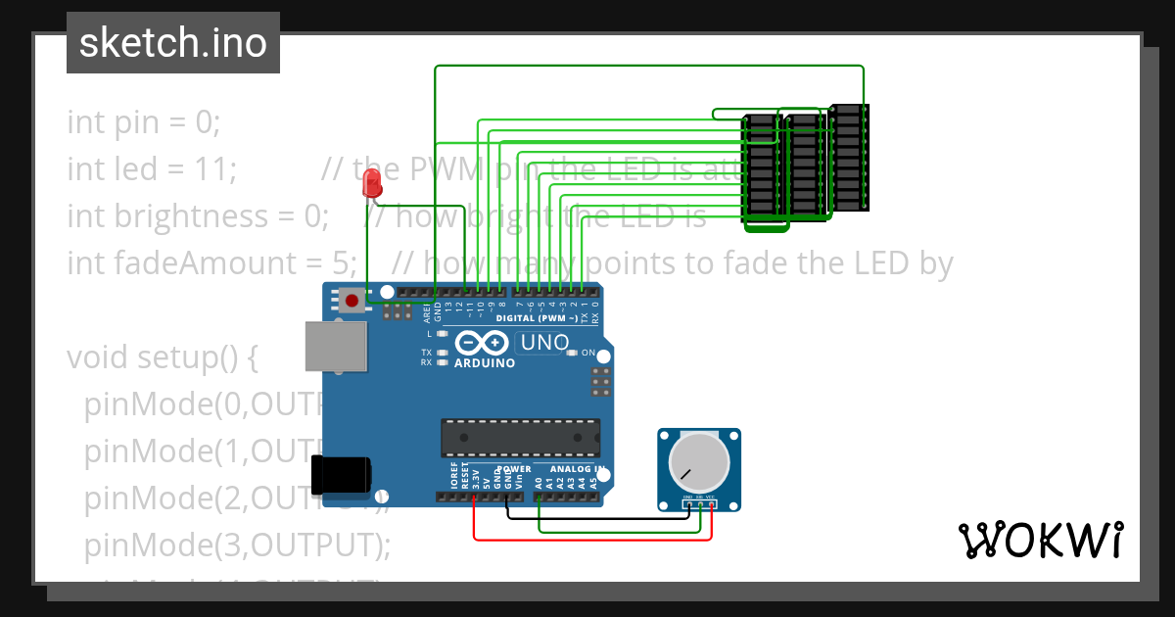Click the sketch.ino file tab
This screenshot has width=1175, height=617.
pyautogui.click(x=172, y=43)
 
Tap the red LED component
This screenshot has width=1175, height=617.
pyautogui.click(x=371, y=182)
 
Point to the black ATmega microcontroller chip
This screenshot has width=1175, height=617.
pyautogui.click(x=520, y=438)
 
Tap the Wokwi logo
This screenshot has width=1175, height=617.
pyautogui.click(x=1039, y=540)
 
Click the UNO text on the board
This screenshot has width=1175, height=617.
pyautogui.click(x=544, y=343)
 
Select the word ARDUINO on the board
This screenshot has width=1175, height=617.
pyautogui.click(x=485, y=363)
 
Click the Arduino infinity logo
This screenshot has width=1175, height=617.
pyautogui.click(x=482, y=343)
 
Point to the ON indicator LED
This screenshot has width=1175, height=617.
pyautogui.click(x=576, y=353)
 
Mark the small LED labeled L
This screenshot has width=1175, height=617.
pyautogui.click(x=443, y=334)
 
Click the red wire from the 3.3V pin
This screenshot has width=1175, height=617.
pyautogui.click(x=587, y=539)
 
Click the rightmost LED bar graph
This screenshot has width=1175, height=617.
pyautogui.click(x=849, y=157)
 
